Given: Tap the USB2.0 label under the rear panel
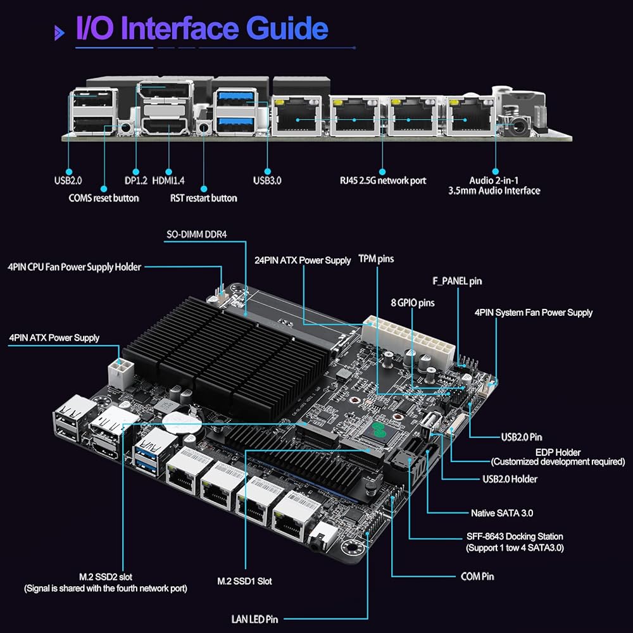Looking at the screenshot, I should (x=68, y=180).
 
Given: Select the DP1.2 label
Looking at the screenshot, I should (x=136, y=180).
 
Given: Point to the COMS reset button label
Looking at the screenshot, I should (x=103, y=198).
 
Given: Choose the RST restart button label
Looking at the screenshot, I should (x=203, y=198).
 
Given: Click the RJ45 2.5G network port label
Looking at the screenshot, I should (x=382, y=180).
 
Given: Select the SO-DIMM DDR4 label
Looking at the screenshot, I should (x=196, y=234).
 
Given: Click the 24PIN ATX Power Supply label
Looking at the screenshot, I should (x=303, y=260).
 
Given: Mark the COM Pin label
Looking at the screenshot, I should (x=477, y=576).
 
